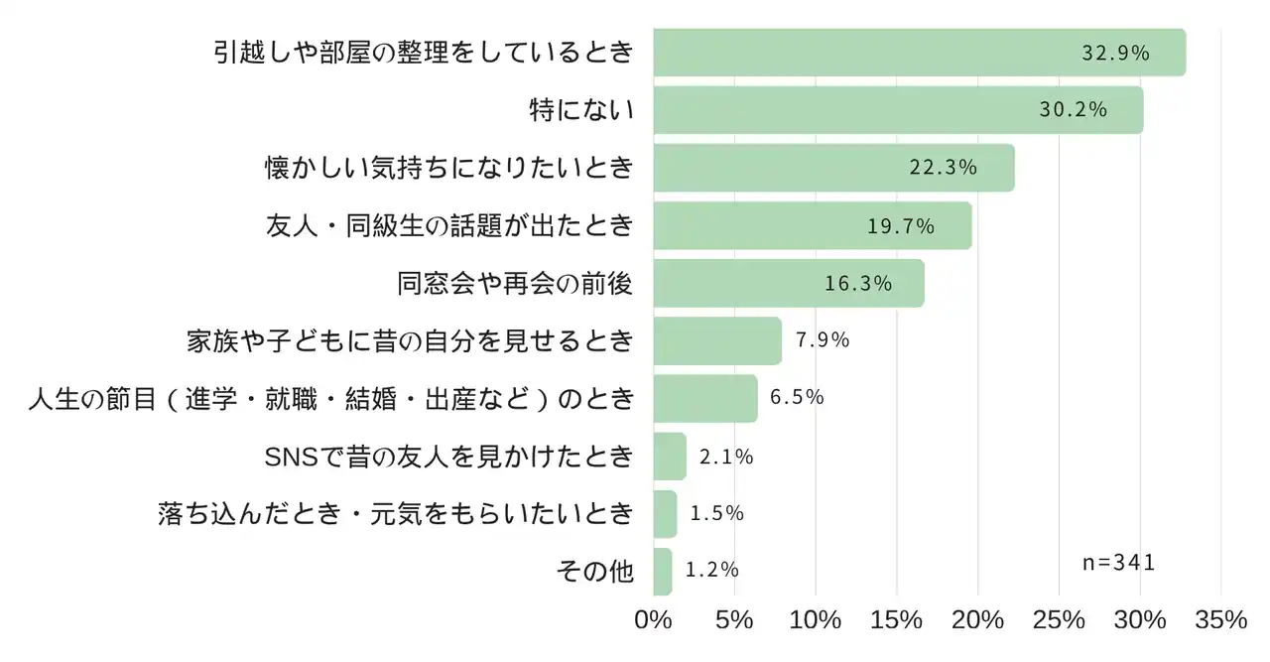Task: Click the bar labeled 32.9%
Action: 919,53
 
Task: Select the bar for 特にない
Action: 898,110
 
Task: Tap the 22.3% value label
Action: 944,168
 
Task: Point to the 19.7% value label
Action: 901,226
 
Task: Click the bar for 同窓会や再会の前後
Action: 789,284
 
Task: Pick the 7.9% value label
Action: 823,340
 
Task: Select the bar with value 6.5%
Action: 705,399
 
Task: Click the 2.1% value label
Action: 726,458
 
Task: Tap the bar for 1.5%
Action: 665,514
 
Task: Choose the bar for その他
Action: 663,572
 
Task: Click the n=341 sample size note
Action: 1119,563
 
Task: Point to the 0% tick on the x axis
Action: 653,620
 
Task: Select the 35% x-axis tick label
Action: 1220,620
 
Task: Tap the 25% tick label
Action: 1059,620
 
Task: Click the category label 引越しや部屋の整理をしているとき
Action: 424,53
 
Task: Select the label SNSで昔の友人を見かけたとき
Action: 449,457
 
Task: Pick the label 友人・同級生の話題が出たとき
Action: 449,226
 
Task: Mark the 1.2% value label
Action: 712,571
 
